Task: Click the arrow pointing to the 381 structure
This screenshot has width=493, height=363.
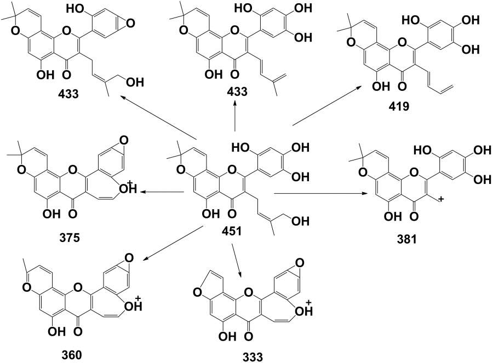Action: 318,193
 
